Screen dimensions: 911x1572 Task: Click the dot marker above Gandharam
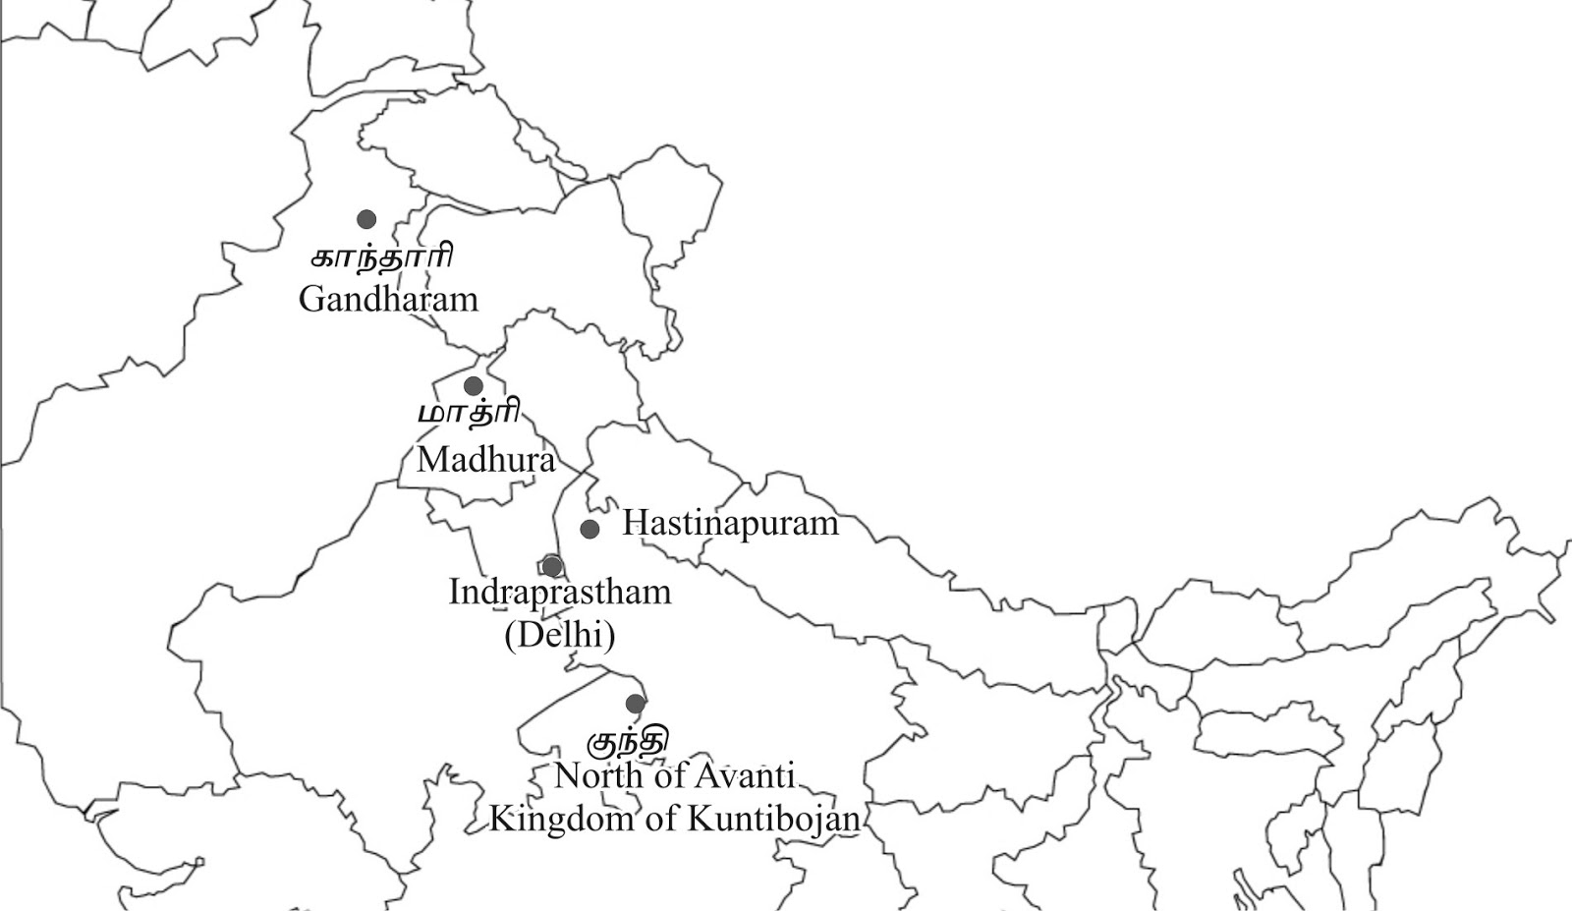tap(366, 219)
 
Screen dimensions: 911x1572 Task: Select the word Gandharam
tap(388, 298)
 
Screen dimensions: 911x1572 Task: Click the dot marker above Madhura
tap(474, 385)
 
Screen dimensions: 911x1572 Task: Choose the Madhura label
tap(485, 459)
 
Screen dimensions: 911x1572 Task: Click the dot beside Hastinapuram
tap(589, 529)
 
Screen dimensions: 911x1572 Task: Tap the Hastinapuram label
tap(730, 523)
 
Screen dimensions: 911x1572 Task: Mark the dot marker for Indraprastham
tap(552, 566)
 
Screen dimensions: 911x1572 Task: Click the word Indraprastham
tap(560, 592)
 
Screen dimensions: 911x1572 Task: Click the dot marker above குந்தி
tap(636, 704)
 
